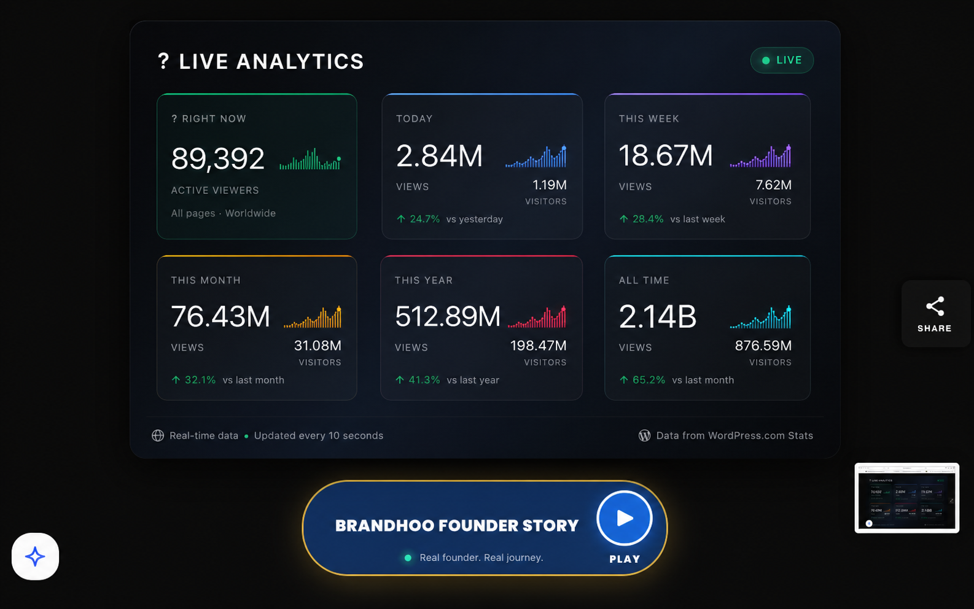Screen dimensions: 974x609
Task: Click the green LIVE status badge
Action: pyautogui.click(x=782, y=60)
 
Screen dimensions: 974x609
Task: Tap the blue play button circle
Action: pyautogui.click(x=625, y=518)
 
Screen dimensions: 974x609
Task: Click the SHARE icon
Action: pyautogui.click(x=935, y=306)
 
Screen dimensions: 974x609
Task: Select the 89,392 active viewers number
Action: pyautogui.click(x=217, y=158)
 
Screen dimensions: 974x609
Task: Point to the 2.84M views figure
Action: pyautogui.click(x=439, y=155)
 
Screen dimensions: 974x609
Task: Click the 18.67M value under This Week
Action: pyautogui.click(x=666, y=155)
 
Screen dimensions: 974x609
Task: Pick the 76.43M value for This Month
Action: pyautogui.click(x=220, y=316)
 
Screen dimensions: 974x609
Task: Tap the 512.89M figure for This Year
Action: pyautogui.click(x=448, y=316)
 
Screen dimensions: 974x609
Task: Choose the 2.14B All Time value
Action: pyautogui.click(x=658, y=316)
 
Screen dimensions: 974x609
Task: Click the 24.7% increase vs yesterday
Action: pyautogui.click(x=424, y=219)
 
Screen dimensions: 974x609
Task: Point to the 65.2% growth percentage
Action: pyautogui.click(x=649, y=380)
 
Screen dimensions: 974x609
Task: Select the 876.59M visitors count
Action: pyautogui.click(x=763, y=346)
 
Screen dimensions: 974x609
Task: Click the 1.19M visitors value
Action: pyautogui.click(x=550, y=185)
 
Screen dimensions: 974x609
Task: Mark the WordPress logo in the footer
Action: pyautogui.click(x=644, y=435)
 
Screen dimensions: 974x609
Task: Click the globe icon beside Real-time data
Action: pyautogui.click(x=158, y=435)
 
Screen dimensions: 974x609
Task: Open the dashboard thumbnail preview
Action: pyautogui.click(x=906, y=498)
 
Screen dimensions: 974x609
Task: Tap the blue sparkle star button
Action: pyautogui.click(x=35, y=556)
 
